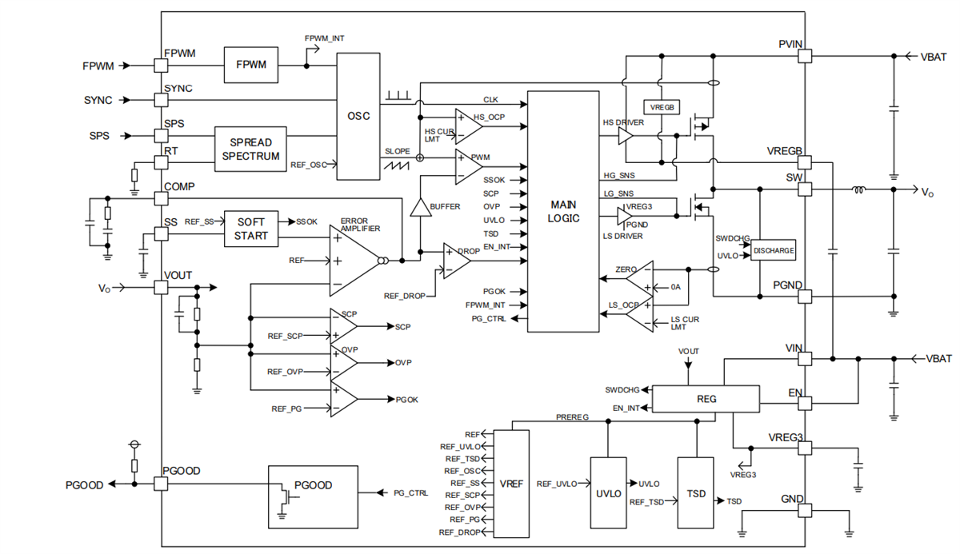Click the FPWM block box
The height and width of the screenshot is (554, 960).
pyautogui.click(x=251, y=63)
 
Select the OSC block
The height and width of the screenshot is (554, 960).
pyautogui.click(x=358, y=116)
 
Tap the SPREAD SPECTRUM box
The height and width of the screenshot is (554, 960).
pyautogui.click(x=250, y=149)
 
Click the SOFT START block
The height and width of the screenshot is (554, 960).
pyautogui.click(x=250, y=229)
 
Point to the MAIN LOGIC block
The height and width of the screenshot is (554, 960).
pyautogui.click(x=563, y=211)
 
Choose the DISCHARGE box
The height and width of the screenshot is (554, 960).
pyautogui.click(x=774, y=251)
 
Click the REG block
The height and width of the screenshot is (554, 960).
pyautogui.click(x=706, y=399)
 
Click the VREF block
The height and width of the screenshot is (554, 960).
pyautogui.click(x=511, y=484)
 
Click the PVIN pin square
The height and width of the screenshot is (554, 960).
pyautogui.click(x=805, y=56)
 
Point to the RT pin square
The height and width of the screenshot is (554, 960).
pyautogui.click(x=160, y=162)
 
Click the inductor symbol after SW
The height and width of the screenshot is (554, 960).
pyautogui.click(x=860, y=190)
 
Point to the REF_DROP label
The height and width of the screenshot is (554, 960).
pyautogui.click(x=403, y=297)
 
